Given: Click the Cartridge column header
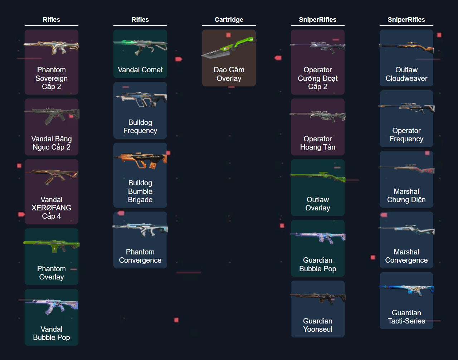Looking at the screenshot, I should (x=229, y=20).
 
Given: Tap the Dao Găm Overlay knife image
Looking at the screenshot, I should (x=229, y=48).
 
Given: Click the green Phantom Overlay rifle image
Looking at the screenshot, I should (x=52, y=246).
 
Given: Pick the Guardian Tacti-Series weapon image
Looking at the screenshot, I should (x=406, y=290).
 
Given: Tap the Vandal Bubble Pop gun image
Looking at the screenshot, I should (x=52, y=306).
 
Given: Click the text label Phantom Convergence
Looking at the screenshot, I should (x=140, y=256).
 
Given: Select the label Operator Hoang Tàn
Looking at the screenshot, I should (x=318, y=143).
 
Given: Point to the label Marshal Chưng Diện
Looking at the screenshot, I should (x=406, y=196).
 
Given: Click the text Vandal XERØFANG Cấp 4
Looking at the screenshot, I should (x=52, y=208).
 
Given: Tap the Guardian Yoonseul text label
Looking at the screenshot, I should (x=318, y=325).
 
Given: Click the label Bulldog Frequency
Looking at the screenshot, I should (x=140, y=127).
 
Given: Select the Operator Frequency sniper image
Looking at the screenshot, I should (x=406, y=107).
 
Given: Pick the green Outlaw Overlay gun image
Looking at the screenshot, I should (x=318, y=176).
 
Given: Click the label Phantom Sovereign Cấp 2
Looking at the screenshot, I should (x=52, y=78).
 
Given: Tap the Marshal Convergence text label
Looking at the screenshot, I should (x=406, y=256).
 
